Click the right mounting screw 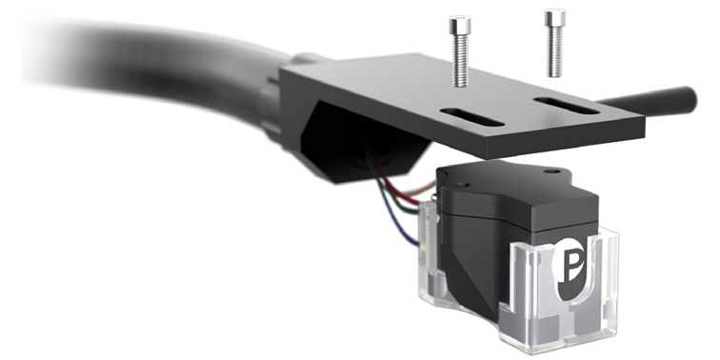tap(553, 43)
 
